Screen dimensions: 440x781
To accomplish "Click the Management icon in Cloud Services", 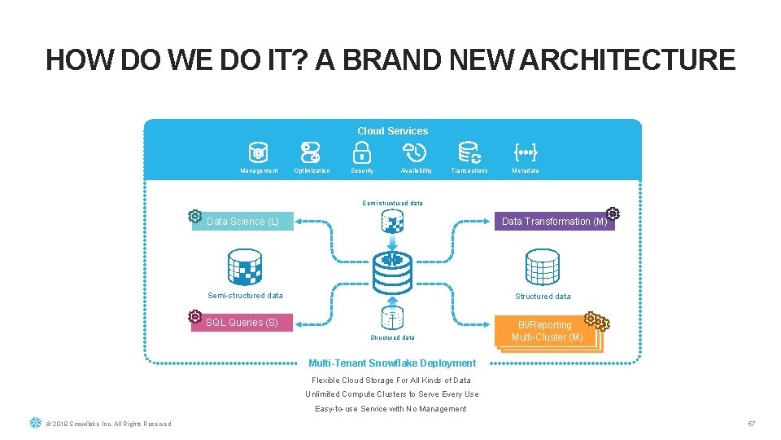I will [x=259, y=152].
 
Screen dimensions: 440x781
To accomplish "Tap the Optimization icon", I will [x=311, y=152].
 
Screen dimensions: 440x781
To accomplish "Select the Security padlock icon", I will [x=362, y=152].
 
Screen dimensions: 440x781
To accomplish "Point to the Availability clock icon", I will [x=415, y=152].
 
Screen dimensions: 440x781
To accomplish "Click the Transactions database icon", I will [x=469, y=152].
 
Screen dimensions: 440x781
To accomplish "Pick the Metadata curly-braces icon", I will [x=525, y=152].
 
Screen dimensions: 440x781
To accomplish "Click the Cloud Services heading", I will [x=392, y=130].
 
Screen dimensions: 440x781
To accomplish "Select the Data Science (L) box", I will [x=242, y=221].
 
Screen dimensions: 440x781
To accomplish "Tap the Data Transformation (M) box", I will [x=554, y=221].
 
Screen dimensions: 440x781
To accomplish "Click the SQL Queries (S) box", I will [x=242, y=323].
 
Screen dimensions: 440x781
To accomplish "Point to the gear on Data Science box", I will [x=194, y=216].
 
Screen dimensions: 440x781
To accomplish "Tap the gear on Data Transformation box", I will [x=613, y=213].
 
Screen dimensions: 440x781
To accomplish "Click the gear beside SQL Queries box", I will [x=195, y=316].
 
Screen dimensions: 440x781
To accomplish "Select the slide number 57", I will [x=752, y=424].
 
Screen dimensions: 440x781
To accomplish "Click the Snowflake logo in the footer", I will [x=35, y=423].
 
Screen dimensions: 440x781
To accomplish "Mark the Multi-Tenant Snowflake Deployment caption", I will [x=392, y=363].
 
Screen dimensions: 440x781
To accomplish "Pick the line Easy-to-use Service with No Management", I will [x=391, y=409].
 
